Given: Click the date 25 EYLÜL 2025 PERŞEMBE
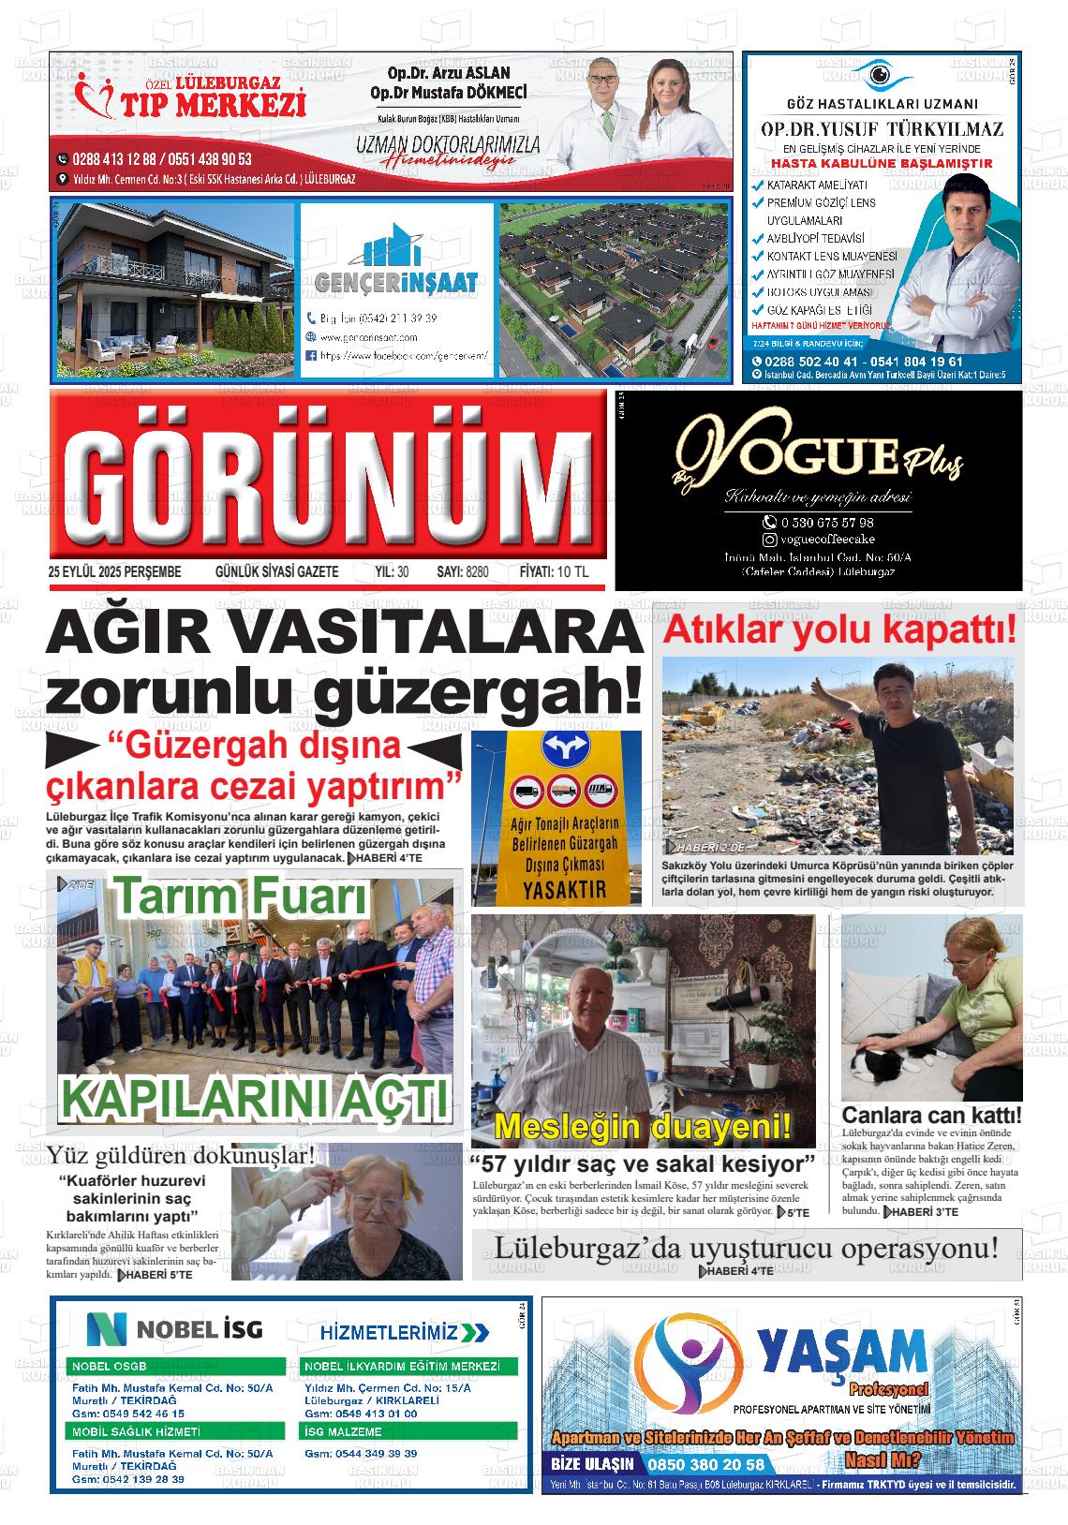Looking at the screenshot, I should pos(114,571).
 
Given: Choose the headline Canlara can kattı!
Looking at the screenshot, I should pos(931,1116).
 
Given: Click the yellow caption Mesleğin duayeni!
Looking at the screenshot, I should pos(643,1125).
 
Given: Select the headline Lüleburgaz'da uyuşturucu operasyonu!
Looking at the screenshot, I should pos(746,1248).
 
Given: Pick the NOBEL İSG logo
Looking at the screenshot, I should pos(175,1328).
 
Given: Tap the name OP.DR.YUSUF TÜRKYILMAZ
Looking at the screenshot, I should pos(882,129).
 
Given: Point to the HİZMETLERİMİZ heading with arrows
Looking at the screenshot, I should pos(404,1332).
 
